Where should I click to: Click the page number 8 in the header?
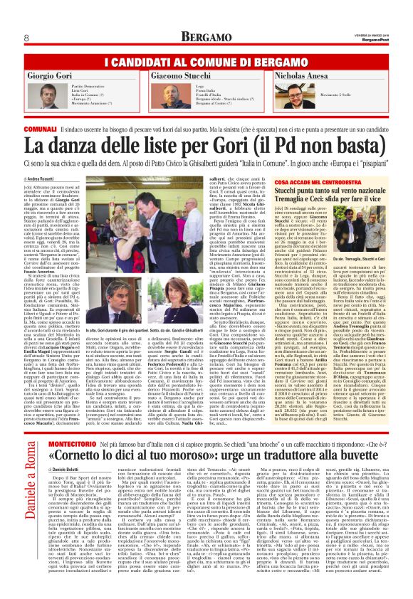(x=26, y=37)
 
